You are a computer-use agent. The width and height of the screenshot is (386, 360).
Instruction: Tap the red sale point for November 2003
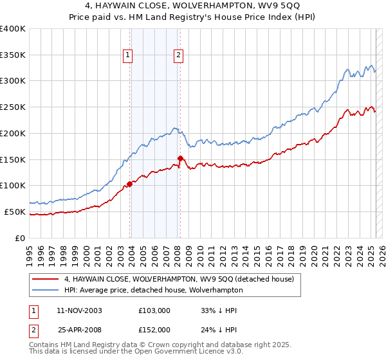click(130, 184)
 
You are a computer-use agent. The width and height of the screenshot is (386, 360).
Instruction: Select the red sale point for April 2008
click(181, 158)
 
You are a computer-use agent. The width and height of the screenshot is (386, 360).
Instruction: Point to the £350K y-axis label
click(13, 55)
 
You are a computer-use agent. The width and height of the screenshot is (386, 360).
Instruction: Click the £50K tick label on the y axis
click(15, 212)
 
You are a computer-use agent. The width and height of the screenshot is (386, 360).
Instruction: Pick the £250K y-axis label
click(13, 107)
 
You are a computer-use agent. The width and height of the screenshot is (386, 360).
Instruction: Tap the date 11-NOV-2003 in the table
click(79, 310)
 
